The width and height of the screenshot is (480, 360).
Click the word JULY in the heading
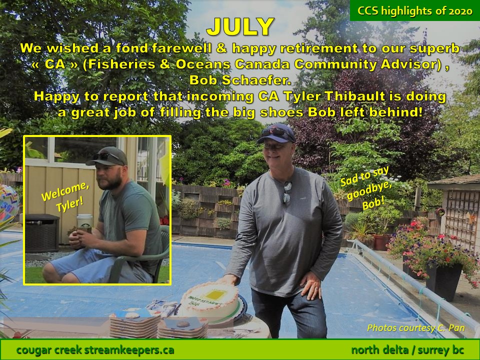tap(240, 26)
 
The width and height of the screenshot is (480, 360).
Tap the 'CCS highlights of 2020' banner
tap(415, 11)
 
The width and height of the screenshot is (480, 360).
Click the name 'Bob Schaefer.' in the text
tap(240, 80)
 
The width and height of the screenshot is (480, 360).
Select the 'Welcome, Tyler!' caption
tap(65, 195)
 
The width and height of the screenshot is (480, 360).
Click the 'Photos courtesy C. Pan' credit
tap(415, 328)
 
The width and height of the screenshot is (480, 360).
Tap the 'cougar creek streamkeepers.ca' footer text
tap(95, 349)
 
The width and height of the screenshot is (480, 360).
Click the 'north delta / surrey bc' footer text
tap(407, 349)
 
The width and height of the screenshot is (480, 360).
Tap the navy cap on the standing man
tap(276, 133)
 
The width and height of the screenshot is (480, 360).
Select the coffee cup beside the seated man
tap(84, 221)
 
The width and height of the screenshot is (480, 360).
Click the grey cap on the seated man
tap(107, 156)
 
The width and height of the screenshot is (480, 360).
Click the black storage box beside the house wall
tap(42, 233)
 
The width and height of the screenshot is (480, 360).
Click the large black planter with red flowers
tap(443, 280)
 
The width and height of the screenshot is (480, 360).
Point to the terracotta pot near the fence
tap(381, 242)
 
